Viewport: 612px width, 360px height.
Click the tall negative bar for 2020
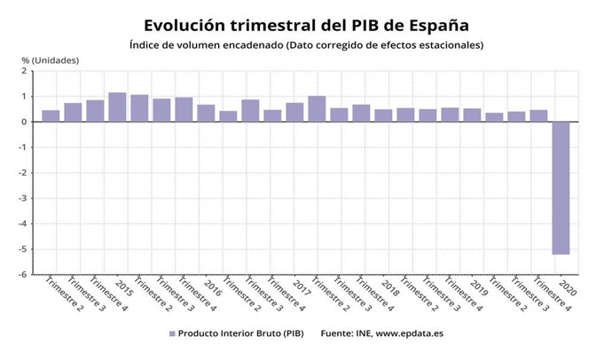[560, 188]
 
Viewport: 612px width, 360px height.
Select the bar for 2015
[117, 107]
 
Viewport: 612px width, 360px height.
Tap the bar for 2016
[206, 113]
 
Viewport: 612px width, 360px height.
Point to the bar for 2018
[383, 115]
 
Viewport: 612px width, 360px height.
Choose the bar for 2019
[472, 115]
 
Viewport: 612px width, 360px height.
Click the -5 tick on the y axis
[27, 249]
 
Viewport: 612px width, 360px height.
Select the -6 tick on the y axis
[27, 275]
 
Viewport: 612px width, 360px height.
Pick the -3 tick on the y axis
[27, 199]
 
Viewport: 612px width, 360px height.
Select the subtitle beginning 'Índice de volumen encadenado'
[306, 44]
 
